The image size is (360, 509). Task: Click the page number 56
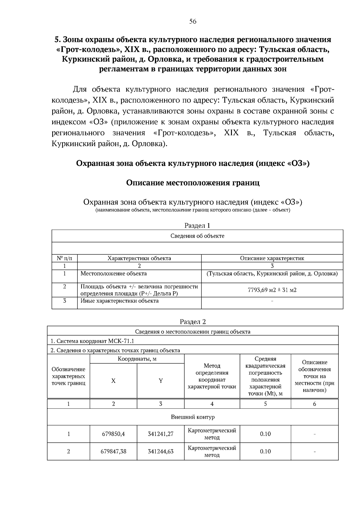click(193, 21)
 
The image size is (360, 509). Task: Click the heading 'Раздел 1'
click(197, 225)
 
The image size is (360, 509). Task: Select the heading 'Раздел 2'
click(193, 322)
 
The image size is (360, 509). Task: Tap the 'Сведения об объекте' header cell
click(197, 236)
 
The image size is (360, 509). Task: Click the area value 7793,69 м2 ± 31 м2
click(272, 290)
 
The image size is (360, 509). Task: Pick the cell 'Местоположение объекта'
click(114, 274)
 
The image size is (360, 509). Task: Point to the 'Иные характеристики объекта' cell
click(119, 301)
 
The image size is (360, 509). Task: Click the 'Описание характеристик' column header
click(272, 258)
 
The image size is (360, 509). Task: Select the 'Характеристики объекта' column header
click(139, 258)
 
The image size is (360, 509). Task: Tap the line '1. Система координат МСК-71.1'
click(92, 341)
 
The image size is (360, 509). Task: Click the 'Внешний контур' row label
click(193, 417)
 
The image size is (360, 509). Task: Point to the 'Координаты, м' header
click(137, 359)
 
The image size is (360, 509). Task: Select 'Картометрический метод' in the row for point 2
click(212, 451)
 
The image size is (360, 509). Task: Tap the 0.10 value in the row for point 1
click(265, 434)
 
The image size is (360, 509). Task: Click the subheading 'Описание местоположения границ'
click(193, 183)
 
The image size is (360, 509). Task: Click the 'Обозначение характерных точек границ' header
click(68, 376)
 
